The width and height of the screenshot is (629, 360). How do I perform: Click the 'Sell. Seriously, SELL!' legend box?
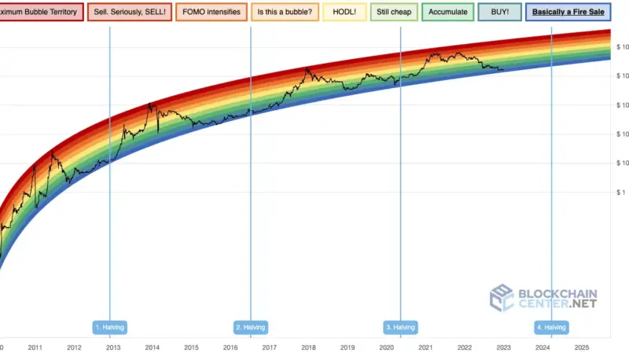[130, 13]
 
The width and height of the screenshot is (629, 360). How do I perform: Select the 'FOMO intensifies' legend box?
[210, 13]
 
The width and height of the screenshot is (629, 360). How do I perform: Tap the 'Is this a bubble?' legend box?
[284, 13]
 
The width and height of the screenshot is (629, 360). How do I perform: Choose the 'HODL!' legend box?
[347, 13]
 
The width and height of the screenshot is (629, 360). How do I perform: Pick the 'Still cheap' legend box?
[394, 13]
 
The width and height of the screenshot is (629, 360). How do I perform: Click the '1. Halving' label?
[109, 327]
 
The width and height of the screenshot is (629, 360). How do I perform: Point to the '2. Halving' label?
[251, 327]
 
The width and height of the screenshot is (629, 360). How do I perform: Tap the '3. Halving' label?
[400, 327]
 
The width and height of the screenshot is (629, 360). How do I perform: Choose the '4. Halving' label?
[550, 327]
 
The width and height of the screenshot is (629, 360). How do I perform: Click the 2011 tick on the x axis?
[35, 347]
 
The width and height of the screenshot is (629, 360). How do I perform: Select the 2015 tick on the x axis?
[191, 347]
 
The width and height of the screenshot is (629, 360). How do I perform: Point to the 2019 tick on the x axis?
[347, 347]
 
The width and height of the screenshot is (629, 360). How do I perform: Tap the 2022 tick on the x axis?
[464, 347]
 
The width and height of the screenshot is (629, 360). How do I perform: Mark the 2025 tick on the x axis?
[581, 347]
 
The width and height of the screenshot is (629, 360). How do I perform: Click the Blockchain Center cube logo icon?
[502, 298]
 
